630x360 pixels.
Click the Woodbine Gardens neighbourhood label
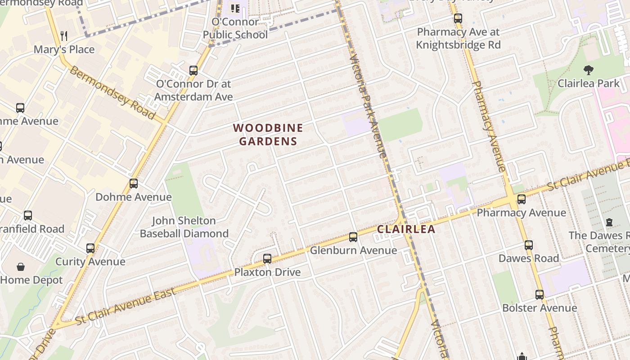tap(268, 135)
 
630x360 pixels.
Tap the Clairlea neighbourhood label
tap(406, 229)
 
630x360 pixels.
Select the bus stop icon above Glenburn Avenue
tap(353, 237)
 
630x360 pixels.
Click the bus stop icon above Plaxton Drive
tap(267, 259)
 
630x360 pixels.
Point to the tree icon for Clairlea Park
tap(588, 70)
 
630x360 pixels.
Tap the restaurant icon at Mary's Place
tap(64, 36)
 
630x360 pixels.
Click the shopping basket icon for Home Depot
tap(21, 267)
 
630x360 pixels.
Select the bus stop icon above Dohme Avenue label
tap(133, 184)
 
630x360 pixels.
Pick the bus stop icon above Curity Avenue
tap(90, 248)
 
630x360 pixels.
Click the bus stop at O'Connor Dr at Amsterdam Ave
tap(193, 71)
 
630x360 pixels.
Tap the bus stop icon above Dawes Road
tap(529, 245)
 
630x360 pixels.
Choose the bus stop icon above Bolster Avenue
tap(540, 295)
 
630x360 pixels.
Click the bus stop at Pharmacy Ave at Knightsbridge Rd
tap(458, 19)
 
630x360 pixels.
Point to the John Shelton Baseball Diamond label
tap(184, 227)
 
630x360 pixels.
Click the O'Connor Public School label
tap(235, 28)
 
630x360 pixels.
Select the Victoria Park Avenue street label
tap(368, 106)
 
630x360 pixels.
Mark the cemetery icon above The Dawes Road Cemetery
tap(609, 222)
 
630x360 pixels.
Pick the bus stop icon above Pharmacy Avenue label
tap(522, 199)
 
